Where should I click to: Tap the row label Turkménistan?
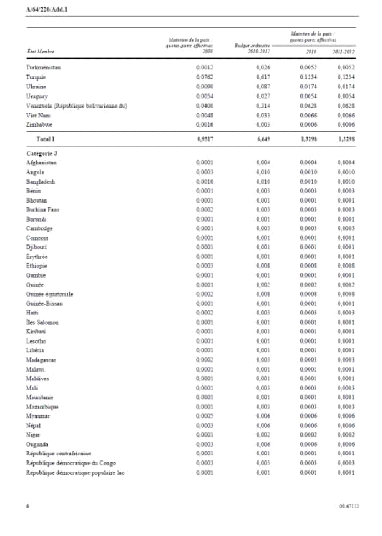coord(43,68)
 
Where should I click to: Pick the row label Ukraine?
coord(36,87)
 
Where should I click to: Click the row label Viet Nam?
coord(38,115)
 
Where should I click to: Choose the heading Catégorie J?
coord(42,152)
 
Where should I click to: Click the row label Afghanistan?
coord(41,162)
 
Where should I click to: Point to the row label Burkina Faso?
coord(42,209)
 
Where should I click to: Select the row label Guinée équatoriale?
coord(49,294)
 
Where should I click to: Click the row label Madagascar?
coord(41,360)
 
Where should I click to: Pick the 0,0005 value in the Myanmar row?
coord(205,416)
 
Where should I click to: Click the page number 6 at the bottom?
coord(28,507)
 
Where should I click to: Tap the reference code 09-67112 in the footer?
coord(349,507)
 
